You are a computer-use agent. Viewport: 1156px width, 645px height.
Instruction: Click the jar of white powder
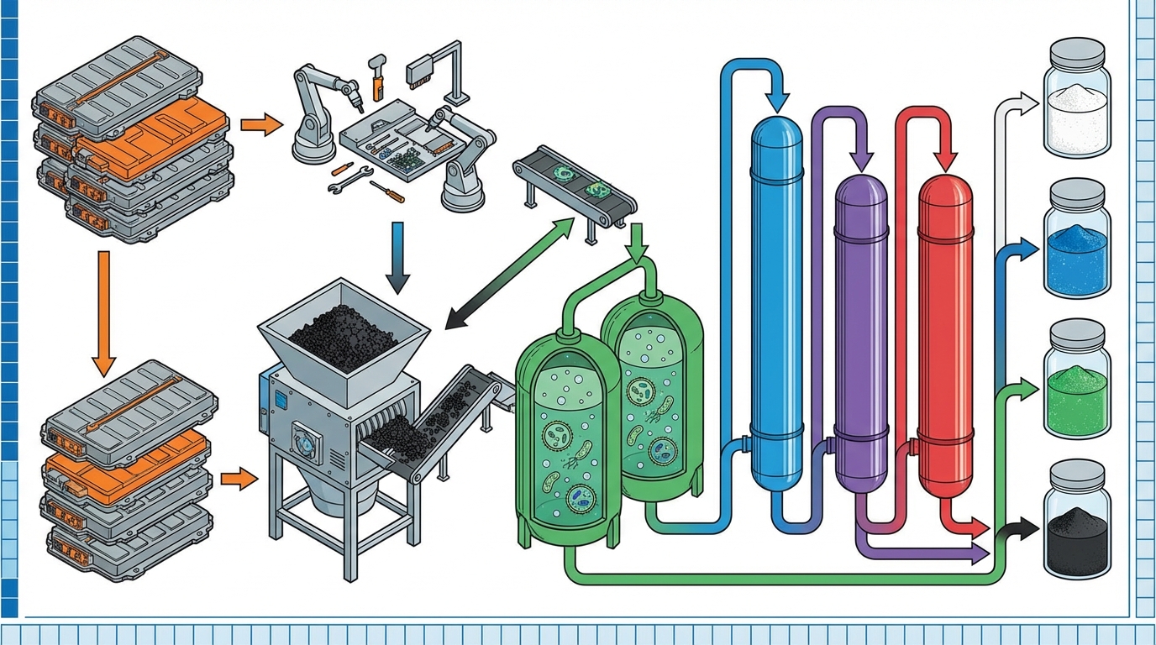tap(1076, 100)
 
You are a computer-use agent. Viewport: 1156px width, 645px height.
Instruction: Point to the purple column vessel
tap(861, 336)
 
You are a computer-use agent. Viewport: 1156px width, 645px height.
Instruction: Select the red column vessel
tap(945, 336)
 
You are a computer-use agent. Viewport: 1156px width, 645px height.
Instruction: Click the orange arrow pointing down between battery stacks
tap(102, 311)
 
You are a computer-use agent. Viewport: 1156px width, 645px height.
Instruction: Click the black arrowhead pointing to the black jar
tap(1025, 530)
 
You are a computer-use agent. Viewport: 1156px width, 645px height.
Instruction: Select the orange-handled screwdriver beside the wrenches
tap(387, 191)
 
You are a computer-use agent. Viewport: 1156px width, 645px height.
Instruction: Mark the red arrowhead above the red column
tap(946, 160)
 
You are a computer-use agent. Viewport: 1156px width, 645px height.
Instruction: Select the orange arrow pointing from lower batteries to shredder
tap(239, 480)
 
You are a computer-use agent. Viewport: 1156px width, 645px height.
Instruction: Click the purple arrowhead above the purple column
tap(862, 158)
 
